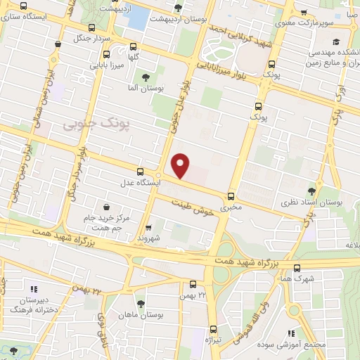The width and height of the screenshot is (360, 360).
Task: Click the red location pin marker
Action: [x=181, y=165]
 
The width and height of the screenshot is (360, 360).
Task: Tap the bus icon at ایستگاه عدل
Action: [x=140, y=172]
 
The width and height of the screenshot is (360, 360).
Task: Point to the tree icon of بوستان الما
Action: [x=146, y=77]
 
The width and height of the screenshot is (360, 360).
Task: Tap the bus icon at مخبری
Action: [x=231, y=197]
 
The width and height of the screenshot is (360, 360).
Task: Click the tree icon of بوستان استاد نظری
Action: [x=312, y=190]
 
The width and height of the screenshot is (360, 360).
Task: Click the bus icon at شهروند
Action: [x=148, y=227]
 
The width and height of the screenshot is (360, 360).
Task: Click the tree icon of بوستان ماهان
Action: [x=141, y=303]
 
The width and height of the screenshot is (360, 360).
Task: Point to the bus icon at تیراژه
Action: [x=214, y=328]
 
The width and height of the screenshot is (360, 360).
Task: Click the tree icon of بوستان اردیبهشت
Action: [x=176, y=8]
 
